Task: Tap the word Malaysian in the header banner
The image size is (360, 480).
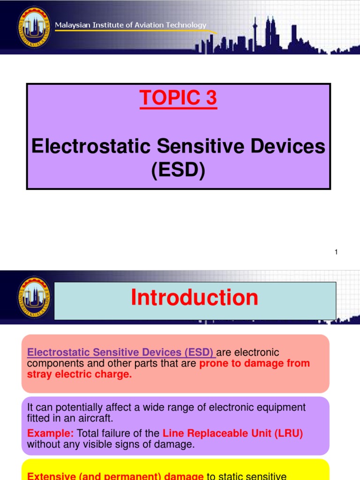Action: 74,25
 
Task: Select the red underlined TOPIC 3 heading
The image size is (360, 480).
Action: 179,98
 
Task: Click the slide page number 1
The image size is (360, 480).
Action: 336,252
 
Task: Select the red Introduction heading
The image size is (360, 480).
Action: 195,298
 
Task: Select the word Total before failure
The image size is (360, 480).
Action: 88,434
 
